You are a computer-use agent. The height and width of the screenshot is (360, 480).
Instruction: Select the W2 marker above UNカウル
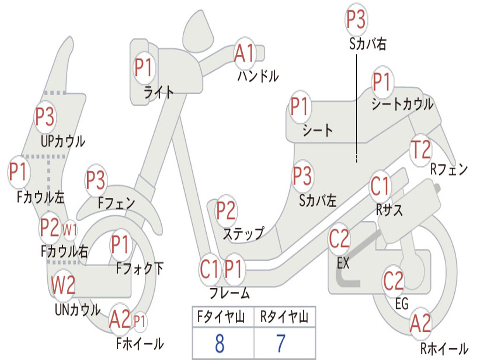(63, 285)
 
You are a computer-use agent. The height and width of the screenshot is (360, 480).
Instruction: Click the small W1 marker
(70, 230)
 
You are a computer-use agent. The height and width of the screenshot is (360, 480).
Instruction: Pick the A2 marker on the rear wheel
(420, 323)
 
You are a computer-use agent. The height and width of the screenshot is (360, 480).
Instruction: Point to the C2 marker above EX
(339, 239)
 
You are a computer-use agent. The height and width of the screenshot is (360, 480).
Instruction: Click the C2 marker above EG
(393, 281)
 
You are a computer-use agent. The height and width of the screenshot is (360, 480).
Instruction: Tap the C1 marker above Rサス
(380, 186)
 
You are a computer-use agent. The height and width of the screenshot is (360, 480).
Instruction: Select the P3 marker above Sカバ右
(356, 19)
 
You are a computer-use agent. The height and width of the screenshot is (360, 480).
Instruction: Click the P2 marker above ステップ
(226, 210)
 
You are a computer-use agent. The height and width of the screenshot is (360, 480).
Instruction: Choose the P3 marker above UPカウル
(45, 117)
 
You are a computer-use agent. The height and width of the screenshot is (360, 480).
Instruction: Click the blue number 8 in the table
(219, 344)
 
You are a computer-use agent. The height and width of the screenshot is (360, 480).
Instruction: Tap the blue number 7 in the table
(281, 344)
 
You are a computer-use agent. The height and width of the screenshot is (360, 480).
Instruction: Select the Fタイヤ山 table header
(221, 317)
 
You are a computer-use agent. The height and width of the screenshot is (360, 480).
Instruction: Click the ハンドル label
(258, 76)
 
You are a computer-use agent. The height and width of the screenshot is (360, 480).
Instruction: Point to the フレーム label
(230, 293)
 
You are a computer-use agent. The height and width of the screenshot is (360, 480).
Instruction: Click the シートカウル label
(403, 104)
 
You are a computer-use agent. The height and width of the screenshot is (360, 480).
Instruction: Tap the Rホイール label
(444, 348)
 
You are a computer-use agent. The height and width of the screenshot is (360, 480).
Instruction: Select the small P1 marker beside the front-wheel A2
(140, 322)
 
